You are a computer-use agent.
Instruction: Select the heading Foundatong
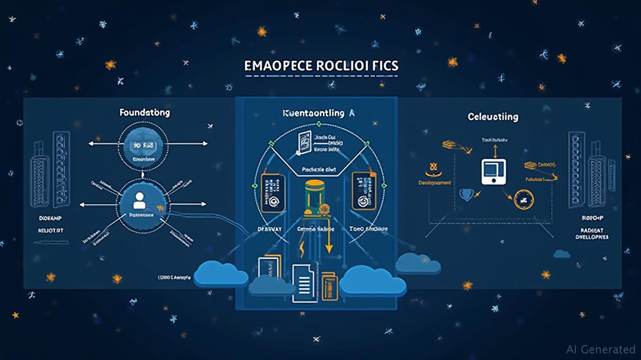pyautogui.click(x=144, y=112)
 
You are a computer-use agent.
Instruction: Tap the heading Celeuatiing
pyautogui.click(x=493, y=116)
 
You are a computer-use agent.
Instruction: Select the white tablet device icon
pyautogui.click(x=494, y=172)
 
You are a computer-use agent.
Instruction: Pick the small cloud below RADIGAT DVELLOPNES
pyautogui.click(x=561, y=254)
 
